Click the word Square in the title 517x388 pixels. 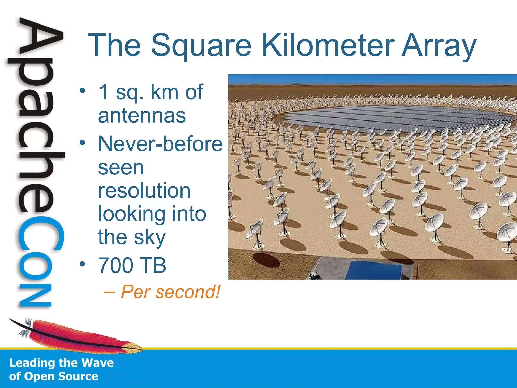[201, 45]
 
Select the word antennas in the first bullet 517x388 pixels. [142, 116]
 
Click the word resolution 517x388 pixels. [144, 190]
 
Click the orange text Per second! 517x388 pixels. [170, 292]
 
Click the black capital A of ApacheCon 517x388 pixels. [40, 38]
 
